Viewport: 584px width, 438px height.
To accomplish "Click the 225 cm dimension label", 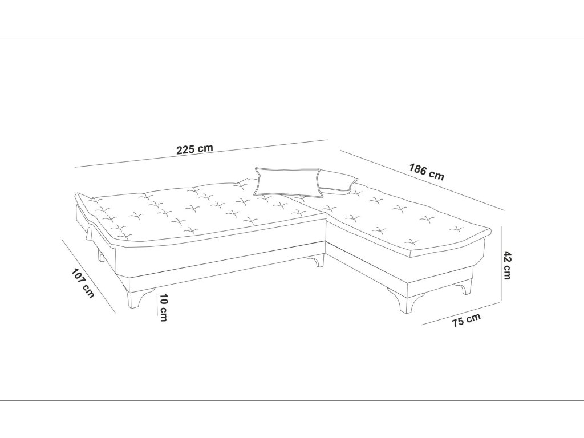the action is pos(194,149).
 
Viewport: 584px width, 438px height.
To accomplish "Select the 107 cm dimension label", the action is pos(83,282).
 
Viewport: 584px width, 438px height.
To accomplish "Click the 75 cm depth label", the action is pos(466,321).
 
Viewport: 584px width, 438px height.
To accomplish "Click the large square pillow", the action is pos(286,181).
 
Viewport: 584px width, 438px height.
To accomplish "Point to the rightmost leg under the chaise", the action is pos(469,285).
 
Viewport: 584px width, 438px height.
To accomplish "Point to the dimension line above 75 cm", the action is pos(461,313).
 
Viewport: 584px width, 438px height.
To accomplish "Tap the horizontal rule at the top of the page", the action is pos(292,38).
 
